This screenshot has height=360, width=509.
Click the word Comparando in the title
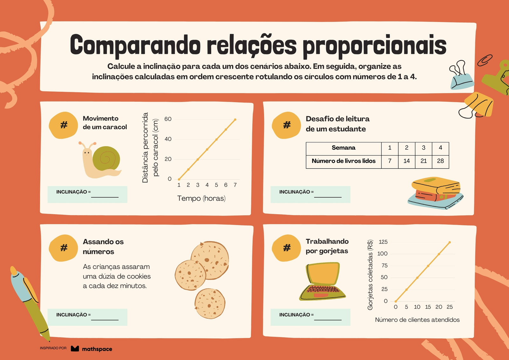click(135, 45)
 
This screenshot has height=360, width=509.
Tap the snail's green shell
click(106, 159)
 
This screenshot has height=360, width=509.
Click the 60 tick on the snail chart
click(168, 119)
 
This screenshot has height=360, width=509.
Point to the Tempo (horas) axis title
click(201, 198)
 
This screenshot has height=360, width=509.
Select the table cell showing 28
click(440, 161)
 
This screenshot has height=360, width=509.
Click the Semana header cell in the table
click(344, 148)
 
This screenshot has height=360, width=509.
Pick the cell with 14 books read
click(407, 161)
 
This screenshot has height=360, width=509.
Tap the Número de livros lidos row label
click(344, 161)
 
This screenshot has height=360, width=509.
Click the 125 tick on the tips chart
click(383, 242)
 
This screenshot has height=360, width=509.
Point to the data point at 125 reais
click(450, 243)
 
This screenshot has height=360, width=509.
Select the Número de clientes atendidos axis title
click(417, 320)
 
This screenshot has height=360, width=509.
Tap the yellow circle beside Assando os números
click(63, 248)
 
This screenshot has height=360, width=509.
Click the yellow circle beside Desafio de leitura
click(286, 125)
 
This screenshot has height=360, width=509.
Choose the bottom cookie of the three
click(210, 304)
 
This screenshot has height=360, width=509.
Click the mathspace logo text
click(97, 349)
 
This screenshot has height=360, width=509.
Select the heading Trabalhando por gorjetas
click(327, 246)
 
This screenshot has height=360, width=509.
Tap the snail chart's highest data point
click(235, 120)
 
